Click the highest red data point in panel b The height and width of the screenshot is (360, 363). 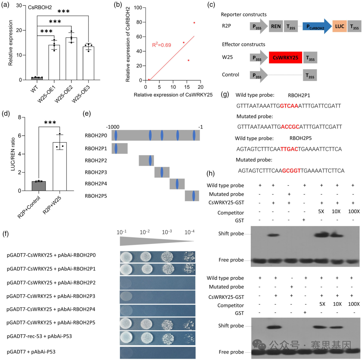click(194, 23)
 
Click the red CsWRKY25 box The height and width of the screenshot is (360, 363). click(285, 58)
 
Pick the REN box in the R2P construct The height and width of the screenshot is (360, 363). click(276, 26)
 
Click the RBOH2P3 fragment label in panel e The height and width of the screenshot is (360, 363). click(96, 172)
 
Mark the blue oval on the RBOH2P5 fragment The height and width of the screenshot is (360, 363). click(194, 195)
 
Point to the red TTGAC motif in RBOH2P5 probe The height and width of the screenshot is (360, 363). click(289, 148)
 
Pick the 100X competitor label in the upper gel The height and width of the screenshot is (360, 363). click(353, 212)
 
